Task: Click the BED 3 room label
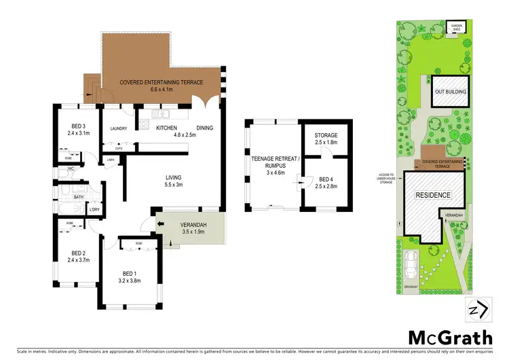coord(79,125)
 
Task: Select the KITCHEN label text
coord(166,128)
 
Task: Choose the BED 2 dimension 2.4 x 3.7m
coord(79,258)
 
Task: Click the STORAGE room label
coord(327,136)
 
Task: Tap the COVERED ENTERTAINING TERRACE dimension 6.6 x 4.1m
coord(161,89)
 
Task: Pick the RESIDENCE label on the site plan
coord(432,196)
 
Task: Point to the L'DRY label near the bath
coord(95,209)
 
